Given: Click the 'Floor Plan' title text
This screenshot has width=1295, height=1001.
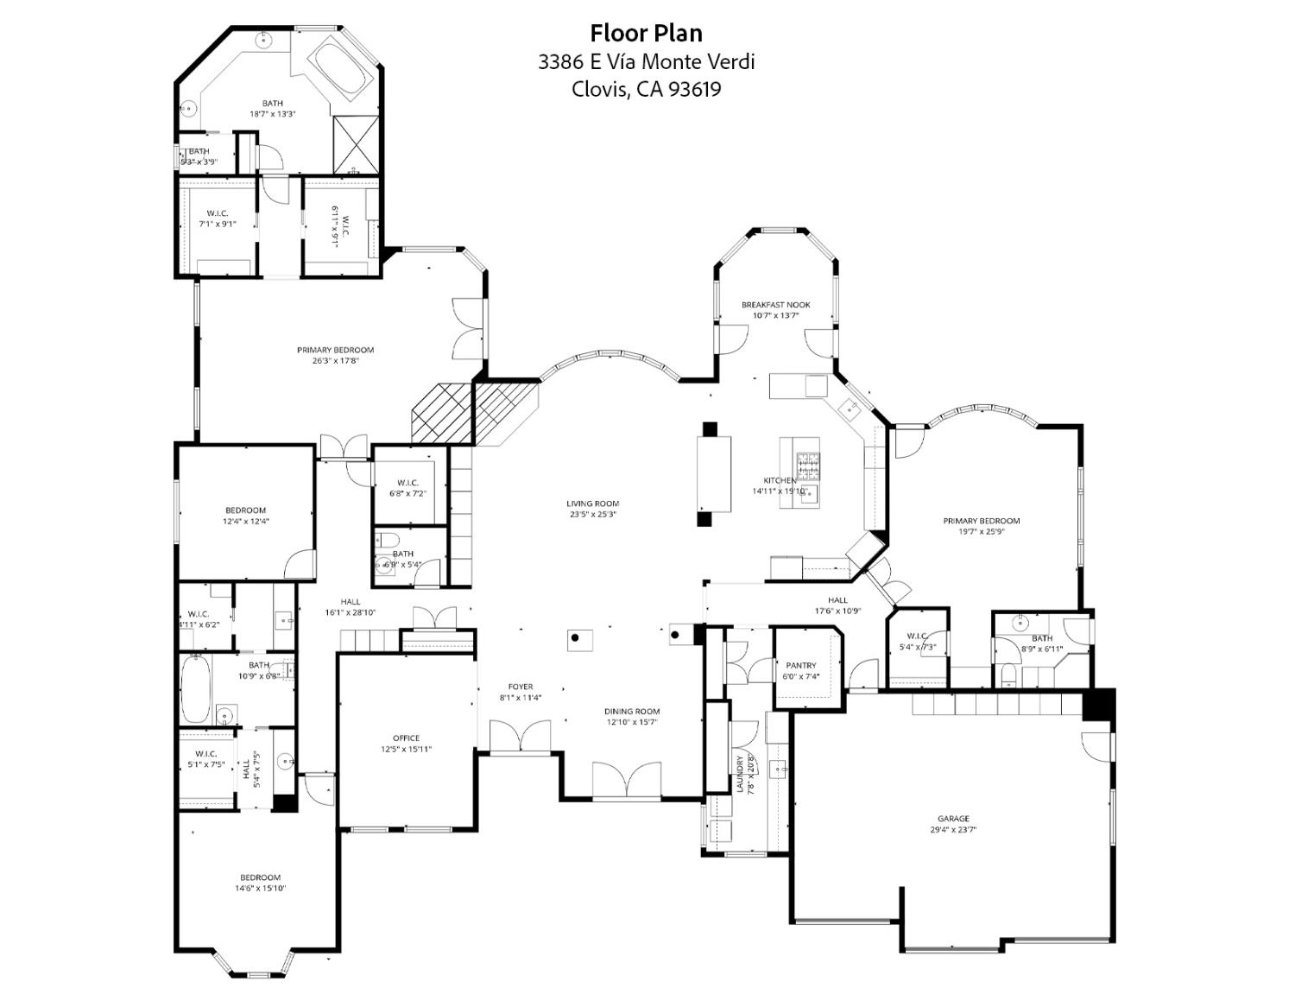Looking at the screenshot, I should click(646, 33).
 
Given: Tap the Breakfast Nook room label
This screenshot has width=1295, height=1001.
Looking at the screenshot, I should click(775, 305).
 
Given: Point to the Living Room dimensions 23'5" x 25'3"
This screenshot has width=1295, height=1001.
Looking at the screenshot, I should click(592, 514).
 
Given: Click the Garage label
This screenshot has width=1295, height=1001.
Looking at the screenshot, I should click(953, 819).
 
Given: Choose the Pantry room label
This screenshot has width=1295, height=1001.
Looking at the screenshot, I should click(800, 666).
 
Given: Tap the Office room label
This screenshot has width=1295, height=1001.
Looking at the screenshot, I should click(406, 738).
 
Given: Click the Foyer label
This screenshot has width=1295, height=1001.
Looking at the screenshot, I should click(520, 687).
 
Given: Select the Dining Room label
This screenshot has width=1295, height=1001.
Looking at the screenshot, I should click(632, 712).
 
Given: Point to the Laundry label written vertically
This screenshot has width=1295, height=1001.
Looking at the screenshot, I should click(740, 774).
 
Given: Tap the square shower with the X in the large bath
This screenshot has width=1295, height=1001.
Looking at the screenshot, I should click(355, 143).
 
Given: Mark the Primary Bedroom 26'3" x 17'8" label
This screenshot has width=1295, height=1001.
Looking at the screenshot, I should click(335, 350).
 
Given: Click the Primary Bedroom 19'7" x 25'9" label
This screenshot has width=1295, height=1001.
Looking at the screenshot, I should click(981, 521).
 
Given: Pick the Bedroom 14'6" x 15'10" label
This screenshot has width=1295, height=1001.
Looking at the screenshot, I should click(260, 877).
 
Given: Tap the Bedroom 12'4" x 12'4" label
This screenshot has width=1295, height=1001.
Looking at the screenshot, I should click(246, 510).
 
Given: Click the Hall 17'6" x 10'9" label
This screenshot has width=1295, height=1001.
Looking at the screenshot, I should click(837, 600).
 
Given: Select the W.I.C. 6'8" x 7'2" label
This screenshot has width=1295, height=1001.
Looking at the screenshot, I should click(407, 483).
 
